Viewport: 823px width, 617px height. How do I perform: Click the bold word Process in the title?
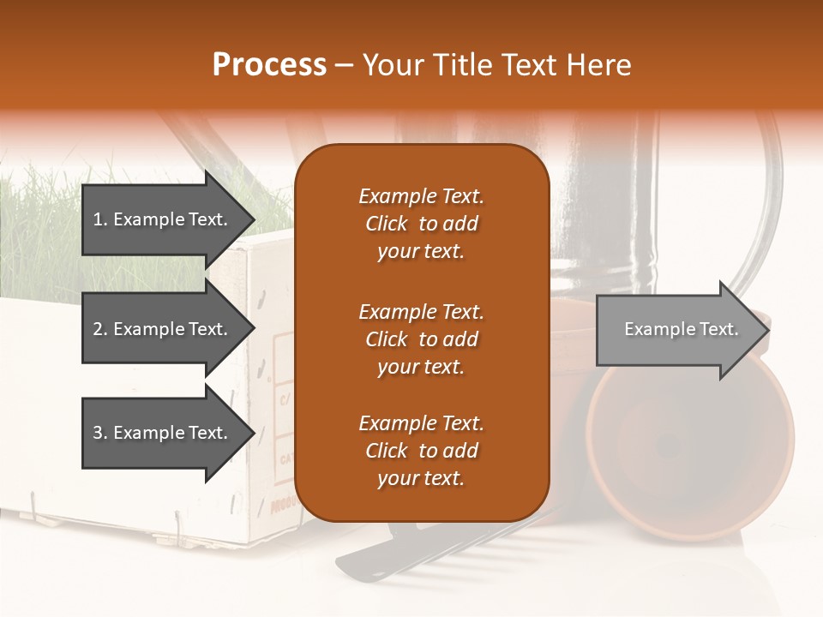click(x=269, y=65)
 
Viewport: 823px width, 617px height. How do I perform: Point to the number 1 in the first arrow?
click(x=98, y=219)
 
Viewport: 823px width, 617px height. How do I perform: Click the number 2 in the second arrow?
click(x=98, y=329)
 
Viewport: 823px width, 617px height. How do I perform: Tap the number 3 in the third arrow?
click(x=98, y=433)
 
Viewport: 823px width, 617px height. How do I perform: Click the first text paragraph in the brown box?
click(x=421, y=224)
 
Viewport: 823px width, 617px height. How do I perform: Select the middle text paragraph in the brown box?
click(x=421, y=339)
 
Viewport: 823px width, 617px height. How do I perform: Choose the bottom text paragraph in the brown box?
click(x=421, y=451)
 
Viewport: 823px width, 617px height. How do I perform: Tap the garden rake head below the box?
click(x=446, y=553)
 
